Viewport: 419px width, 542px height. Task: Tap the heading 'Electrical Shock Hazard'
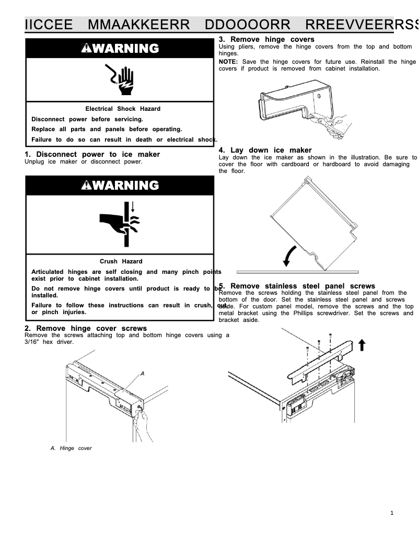[x=123, y=109]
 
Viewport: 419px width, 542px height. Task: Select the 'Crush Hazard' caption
[x=121, y=261]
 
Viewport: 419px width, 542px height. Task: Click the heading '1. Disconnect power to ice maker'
[x=92, y=154]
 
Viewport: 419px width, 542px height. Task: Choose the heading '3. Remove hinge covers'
[x=266, y=39]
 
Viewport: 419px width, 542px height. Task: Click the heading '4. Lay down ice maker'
[x=265, y=150]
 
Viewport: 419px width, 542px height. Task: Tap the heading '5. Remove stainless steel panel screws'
[x=297, y=286]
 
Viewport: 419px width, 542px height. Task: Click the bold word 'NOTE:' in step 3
[x=228, y=62]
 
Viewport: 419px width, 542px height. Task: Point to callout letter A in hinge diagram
[x=142, y=374]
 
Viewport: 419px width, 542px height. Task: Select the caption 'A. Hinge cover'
[x=71, y=448]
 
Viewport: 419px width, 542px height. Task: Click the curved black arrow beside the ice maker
[x=288, y=256]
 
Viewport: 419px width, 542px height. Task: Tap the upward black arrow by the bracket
[x=362, y=344]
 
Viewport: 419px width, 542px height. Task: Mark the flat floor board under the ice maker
[x=298, y=272]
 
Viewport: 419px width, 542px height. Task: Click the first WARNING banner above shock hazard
[x=120, y=49]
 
